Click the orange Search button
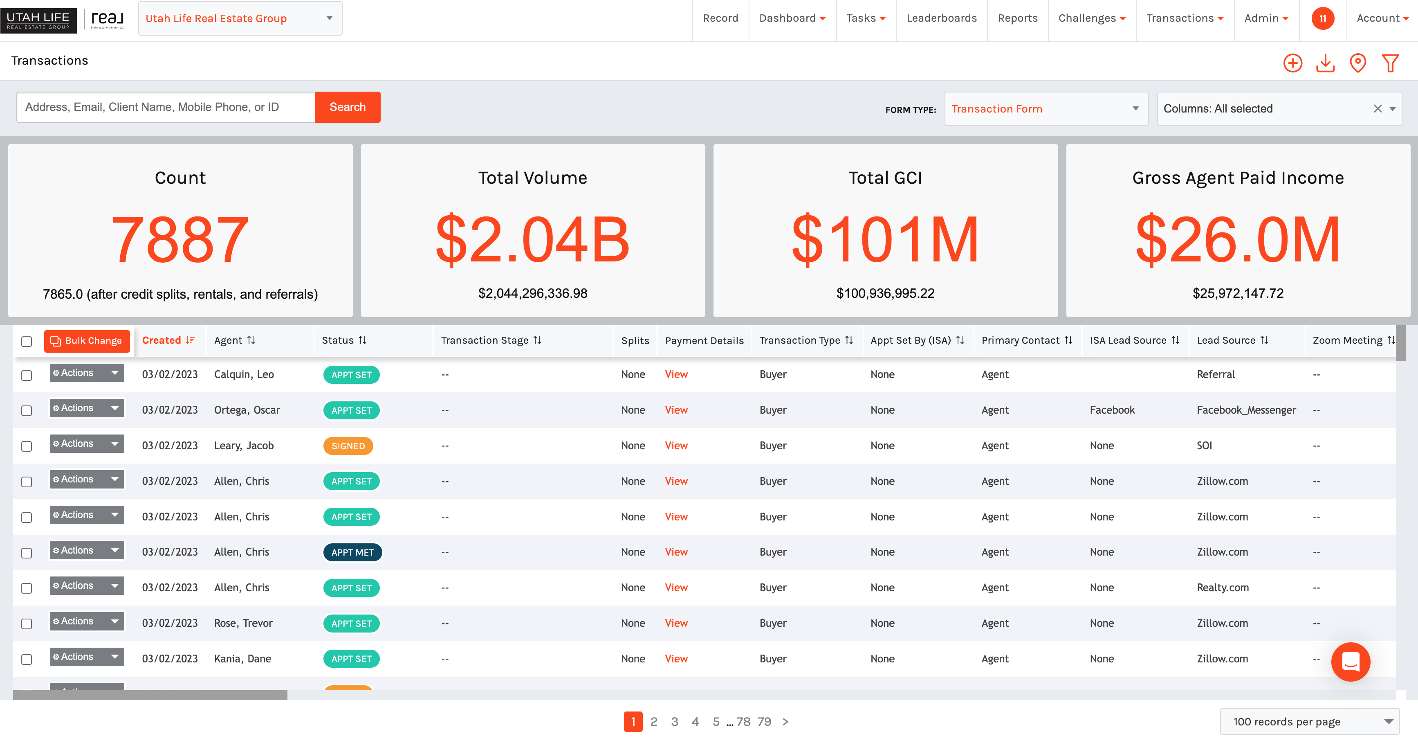[x=347, y=107]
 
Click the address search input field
[x=165, y=107]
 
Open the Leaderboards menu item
[x=941, y=18]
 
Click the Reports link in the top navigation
[x=1017, y=18]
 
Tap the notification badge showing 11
[x=1322, y=18]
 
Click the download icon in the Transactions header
[x=1325, y=63]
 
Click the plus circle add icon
[x=1292, y=63]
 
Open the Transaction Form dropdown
[x=1046, y=108]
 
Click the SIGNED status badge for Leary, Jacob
[x=348, y=446]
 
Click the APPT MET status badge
[x=352, y=552]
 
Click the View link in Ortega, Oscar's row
[x=676, y=410]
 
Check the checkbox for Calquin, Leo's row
[x=27, y=375]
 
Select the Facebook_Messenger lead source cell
[x=1246, y=410]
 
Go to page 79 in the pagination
[x=764, y=721]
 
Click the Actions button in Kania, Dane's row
[x=86, y=657]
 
